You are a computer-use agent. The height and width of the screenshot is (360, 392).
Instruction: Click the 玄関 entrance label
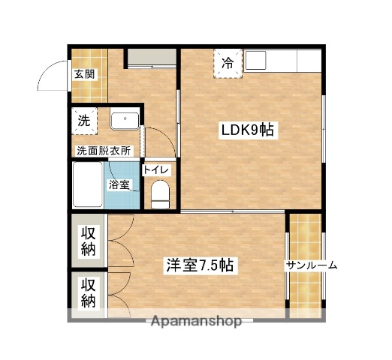(84, 73)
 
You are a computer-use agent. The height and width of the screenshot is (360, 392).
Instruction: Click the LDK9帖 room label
(249, 130)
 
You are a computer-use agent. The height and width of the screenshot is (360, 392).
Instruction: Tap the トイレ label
(157, 170)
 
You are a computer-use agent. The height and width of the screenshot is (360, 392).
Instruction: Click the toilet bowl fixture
(161, 196)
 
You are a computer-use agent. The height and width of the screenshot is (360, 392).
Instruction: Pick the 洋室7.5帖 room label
(198, 265)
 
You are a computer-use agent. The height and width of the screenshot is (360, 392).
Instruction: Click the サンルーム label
(311, 265)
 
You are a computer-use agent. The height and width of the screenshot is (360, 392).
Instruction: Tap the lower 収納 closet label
(89, 293)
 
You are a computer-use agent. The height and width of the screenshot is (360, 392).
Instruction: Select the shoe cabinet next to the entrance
(149, 58)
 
